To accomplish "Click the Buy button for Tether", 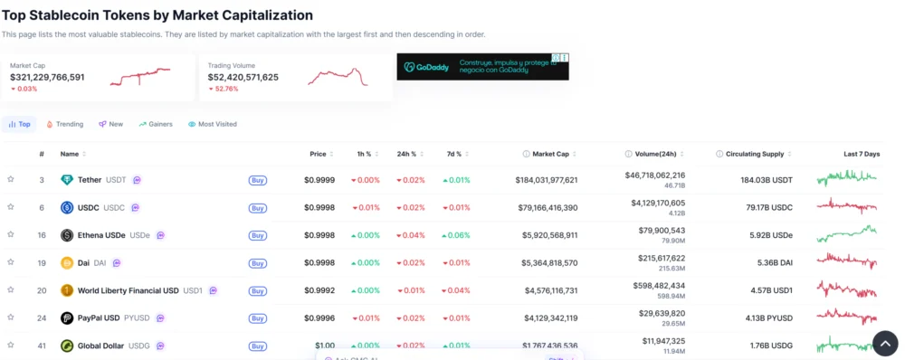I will (258, 180).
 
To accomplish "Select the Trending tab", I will (64, 124).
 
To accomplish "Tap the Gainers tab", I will (156, 124).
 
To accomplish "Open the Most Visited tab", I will (213, 124).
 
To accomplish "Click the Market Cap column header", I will (550, 154).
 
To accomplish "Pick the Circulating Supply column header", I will (754, 154).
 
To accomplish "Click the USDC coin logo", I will (67, 207).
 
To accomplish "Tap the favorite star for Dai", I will (11, 262).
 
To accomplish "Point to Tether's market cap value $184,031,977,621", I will (547, 180).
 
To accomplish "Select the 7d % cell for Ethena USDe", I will (456, 235).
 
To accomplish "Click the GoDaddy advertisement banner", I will (482, 67).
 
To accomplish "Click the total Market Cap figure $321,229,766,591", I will (47, 77).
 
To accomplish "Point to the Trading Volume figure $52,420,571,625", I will (243, 77).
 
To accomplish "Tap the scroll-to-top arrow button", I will (885, 343).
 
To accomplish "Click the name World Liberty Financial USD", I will (128, 290).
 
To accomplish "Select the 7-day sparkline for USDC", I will (846, 207).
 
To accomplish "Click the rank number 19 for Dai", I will (42, 262).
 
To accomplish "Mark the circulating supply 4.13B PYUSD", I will (767, 317).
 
